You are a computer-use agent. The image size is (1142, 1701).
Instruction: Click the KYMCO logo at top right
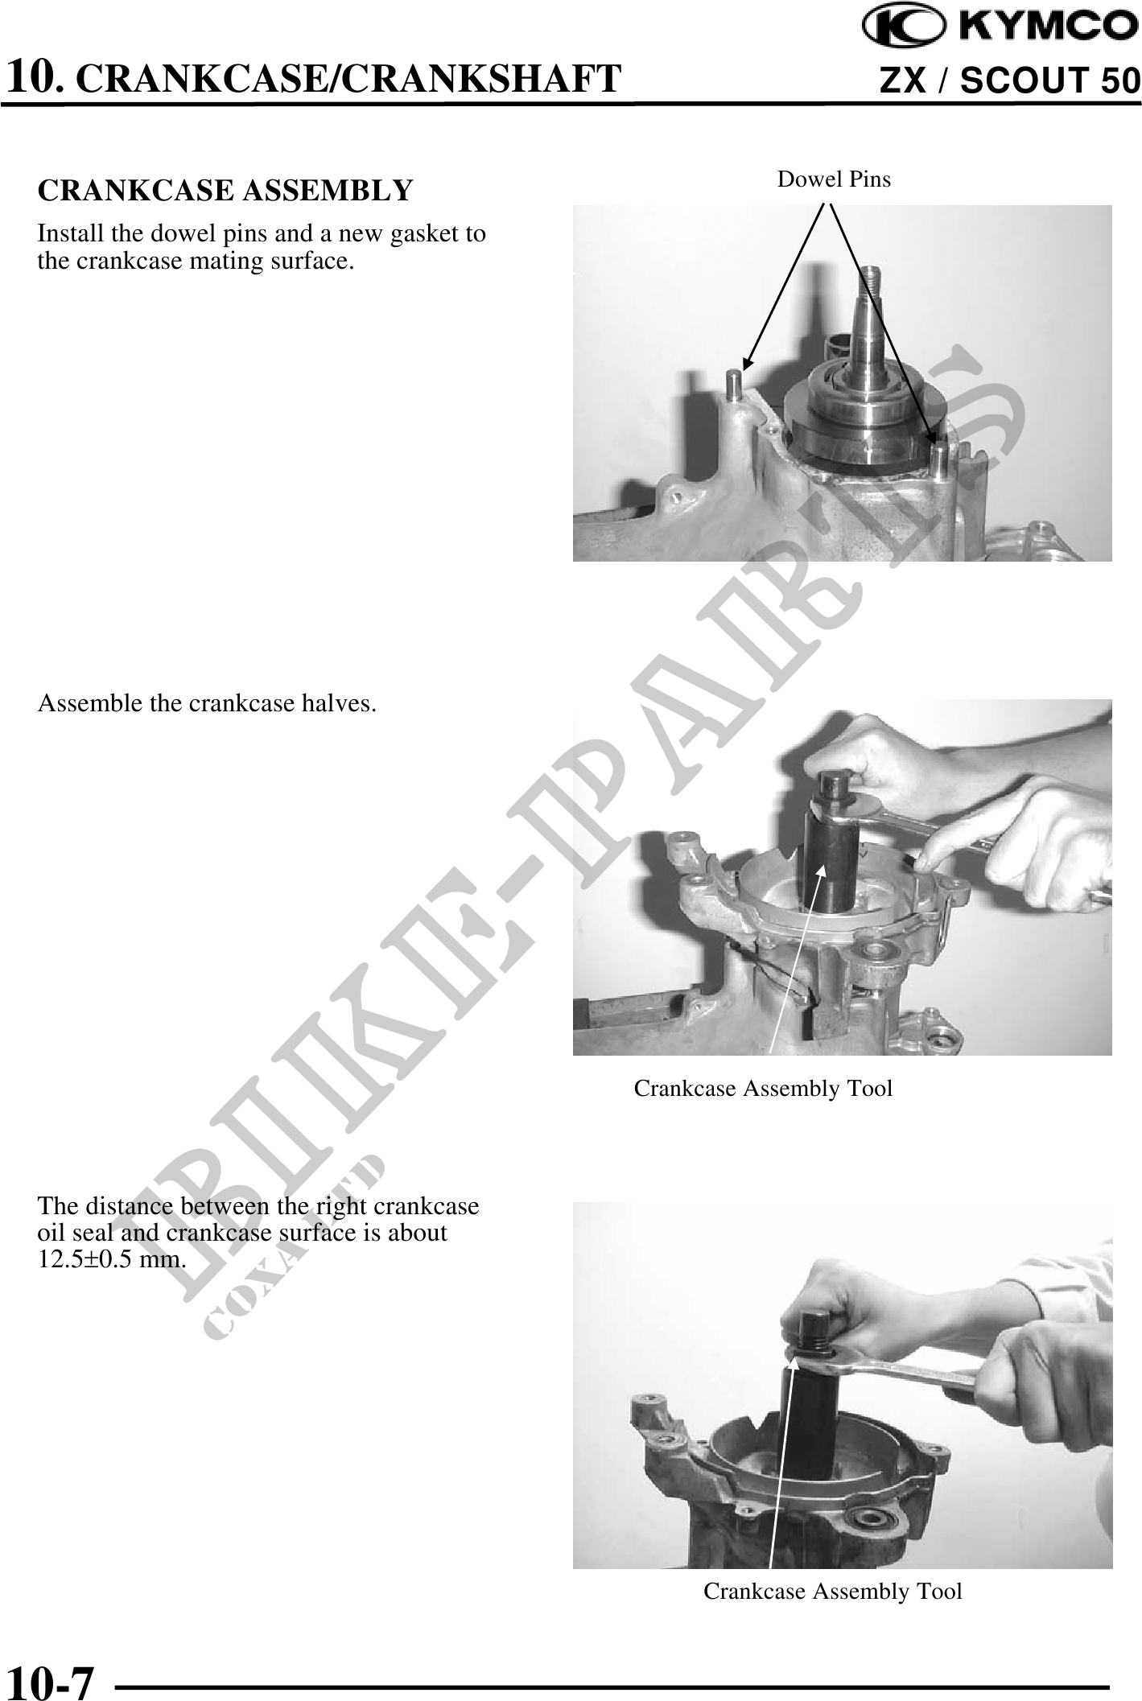click(1001, 27)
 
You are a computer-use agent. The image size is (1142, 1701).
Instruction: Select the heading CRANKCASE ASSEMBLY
click(225, 192)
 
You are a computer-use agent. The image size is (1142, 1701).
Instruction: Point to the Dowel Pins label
click(834, 179)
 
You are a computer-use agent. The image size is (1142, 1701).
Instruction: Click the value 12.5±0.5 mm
click(113, 1259)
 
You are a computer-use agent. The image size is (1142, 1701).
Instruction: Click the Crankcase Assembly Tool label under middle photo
click(763, 1089)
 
